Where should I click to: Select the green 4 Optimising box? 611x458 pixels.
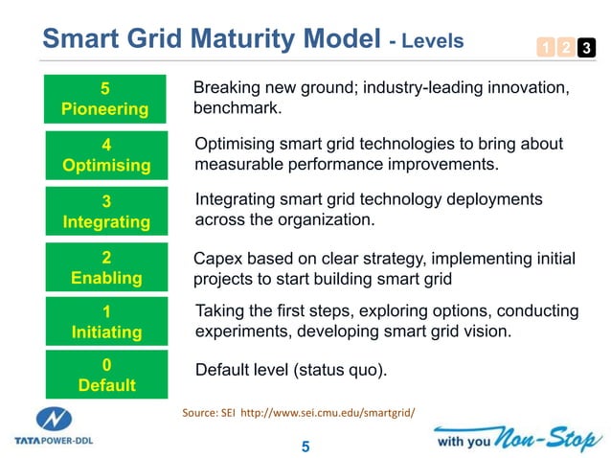[x=105, y=155]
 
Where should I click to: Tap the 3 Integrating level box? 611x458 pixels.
[x=105, y=211]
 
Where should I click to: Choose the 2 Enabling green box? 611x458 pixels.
[x=105, y=267]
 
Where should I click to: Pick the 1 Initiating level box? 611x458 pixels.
[x=105, y=322]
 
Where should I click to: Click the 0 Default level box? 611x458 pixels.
[x=105, y=375]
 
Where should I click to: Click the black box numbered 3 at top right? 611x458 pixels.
[x=585, y=46]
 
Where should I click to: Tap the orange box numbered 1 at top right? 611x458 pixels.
[x=543, y=46]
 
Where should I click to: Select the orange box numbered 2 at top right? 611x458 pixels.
[x=564, y=46]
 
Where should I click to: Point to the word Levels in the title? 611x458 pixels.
[x=432, y=41]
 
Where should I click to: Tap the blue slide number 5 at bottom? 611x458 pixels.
[x=305, y=447]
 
